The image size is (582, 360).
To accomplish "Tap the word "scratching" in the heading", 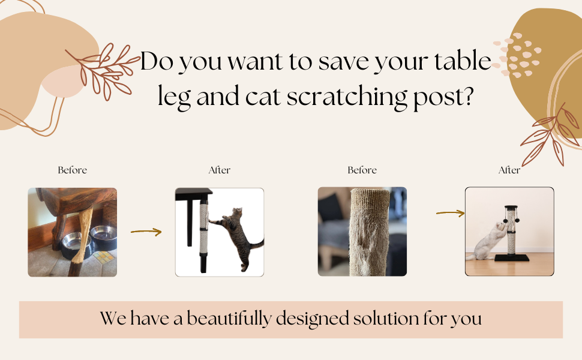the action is pyautogui.click(x=347, y=97).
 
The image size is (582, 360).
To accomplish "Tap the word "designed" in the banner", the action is pyautogui.click(x=312, y=319).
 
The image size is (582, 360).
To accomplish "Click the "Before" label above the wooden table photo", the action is pyautogui.click(x=73, y=170).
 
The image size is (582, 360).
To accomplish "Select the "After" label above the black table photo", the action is pyautogui.click(x=220, y=170).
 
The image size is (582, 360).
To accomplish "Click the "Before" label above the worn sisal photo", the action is pyautogui.click(x=362, y=170).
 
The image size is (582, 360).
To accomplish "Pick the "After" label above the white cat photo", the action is pyautogui.click(x=509, y=170).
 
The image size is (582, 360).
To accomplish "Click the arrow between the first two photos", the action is pyautogui.click(x=146, y=232).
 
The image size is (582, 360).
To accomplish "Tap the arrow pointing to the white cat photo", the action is pyautogui.click(x=450, y=213).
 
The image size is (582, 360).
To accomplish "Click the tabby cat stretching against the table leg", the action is pyautogui.click(x=238, y=238).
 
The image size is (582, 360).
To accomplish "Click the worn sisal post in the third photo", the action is pyautogui.click(x=369, y=232).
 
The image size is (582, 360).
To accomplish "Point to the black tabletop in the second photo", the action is pyautogui.click(x=193, y=192).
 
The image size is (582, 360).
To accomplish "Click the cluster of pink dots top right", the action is pyautogui.click(x=517, y=55).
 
